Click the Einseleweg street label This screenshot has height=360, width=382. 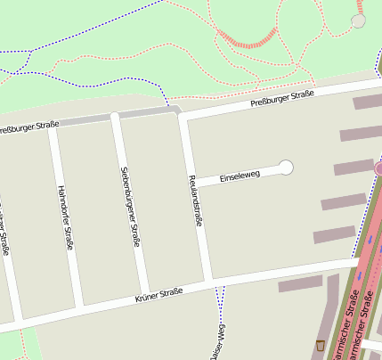pos(240,176)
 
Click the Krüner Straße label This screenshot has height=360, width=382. pos(158,293)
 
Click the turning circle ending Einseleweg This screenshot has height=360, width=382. pos(286,167)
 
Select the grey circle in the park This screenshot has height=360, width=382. pos(359,20)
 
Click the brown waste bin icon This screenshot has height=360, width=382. pos(320,345)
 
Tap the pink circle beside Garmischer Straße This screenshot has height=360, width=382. pos(379,168)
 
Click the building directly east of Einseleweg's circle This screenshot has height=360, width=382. pos(354,167)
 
